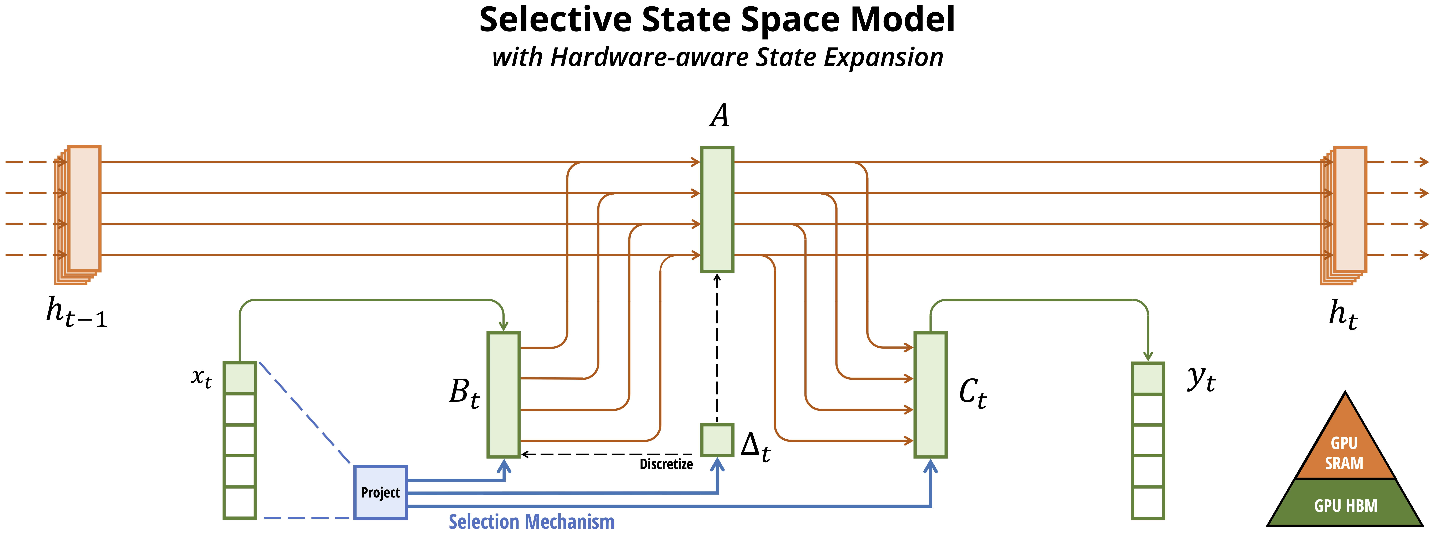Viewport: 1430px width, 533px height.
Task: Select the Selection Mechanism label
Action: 531,522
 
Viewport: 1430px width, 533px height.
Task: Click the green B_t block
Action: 503,395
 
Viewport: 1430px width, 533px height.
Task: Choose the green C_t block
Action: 930,395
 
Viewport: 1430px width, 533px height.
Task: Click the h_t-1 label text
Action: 76,313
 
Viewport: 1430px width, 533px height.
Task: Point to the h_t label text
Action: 1342,315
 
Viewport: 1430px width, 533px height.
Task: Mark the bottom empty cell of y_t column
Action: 1148,502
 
